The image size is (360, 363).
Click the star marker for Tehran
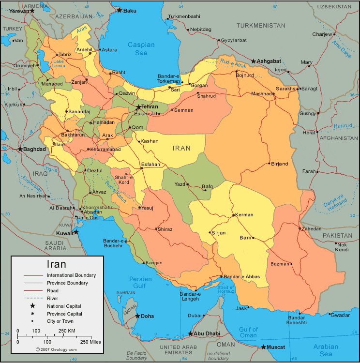[x=138, y=107]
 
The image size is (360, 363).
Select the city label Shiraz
[x=165, y=229]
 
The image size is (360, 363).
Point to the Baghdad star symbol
[x=20, y=149]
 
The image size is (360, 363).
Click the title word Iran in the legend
[x=56, y=264]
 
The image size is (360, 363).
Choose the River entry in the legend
[x=53, y=298]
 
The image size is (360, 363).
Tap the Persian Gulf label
[x=141, y=283]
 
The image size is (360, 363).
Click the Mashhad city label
[x=262, y=94]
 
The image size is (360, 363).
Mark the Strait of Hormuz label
[x=226, y=290]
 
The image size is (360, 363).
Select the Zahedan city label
[x=312, y=228]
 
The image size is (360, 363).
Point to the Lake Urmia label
[x=59, y=63]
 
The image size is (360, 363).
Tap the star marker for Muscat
[x=264, y=347]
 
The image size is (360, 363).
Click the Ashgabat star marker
[x=254, y=61]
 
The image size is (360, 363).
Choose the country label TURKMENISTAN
[x=261, y=25]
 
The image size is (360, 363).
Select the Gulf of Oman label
[x=248, y=333]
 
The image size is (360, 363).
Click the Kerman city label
[x=243, y=215]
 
